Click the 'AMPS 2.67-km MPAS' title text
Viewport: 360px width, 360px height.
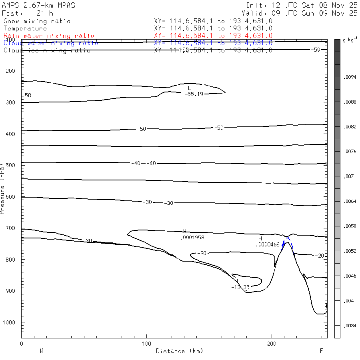tap(38, 5)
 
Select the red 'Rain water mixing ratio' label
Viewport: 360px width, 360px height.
tap(49, 36)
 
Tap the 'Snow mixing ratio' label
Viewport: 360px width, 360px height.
tap(37, 21)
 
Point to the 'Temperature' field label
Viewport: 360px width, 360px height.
tap(25, 28)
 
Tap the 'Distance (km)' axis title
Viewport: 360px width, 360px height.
tap(179, 351)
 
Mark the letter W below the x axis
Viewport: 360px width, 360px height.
tap(41, 351)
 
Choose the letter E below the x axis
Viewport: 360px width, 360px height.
tap(321, 351)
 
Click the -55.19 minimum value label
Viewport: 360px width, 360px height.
tap(194, 94)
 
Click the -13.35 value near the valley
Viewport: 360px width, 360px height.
tap(240, 287)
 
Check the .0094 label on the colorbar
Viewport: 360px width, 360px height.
tap(349, 77)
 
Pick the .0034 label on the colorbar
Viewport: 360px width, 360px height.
tap(349, 325)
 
